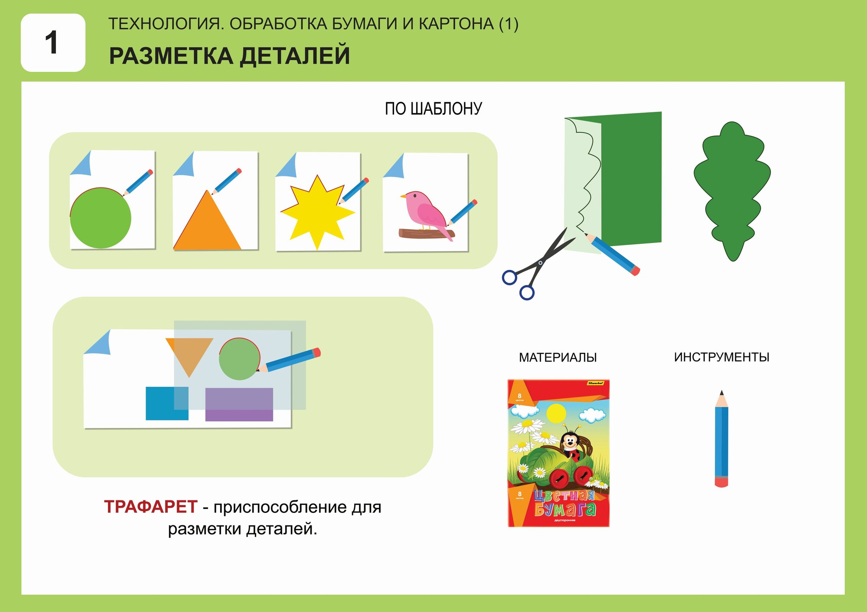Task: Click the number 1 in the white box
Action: (x=52, y=43)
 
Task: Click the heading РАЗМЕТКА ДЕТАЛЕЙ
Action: (x=229, y=56)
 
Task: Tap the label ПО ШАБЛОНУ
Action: (x=433, y=109)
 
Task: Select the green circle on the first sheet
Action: (x=101, y=218)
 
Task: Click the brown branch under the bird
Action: (x=425, y=234)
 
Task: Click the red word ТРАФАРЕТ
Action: (x=150, y=507)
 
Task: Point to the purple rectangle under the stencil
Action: (x=239, y=404)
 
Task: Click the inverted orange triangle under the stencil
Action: (x=189, y=353)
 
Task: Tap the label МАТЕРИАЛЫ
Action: (x=557, y=358)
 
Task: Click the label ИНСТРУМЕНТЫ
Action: (x=721, y=357)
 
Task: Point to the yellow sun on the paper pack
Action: (x=556, y=413)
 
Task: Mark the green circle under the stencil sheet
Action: (x=239, y=359)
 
